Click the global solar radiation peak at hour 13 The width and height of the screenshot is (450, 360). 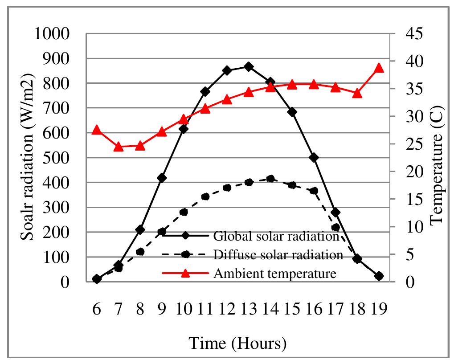tap(249, 67)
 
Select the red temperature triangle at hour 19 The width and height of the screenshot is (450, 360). tap(379, 68)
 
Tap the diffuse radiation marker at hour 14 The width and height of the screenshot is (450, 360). tap(270, 179)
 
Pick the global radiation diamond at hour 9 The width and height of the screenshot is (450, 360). tap(162, 178)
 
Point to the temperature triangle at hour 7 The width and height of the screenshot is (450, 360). tap(119, 147)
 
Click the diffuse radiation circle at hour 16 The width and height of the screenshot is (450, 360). tap(314, 191)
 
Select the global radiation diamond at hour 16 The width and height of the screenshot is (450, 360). tap(314, 158)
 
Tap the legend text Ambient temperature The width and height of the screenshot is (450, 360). tap(275, 273)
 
